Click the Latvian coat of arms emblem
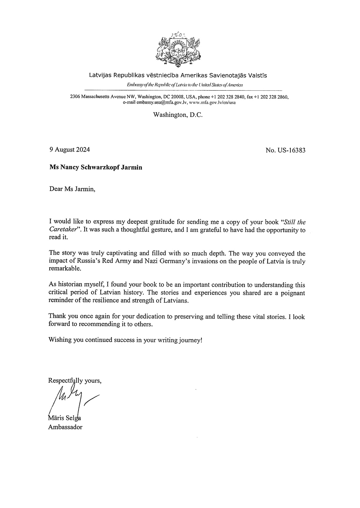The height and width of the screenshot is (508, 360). pyautogui.click(x=180, y=49)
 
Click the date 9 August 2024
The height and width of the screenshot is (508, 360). pyautogui.click(x=70, y=150)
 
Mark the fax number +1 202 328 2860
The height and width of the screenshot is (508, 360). pyautogui.click(x=273, y=97)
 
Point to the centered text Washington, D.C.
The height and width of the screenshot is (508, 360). pyautogui.click(x=178, y=115)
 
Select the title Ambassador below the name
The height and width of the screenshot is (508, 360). pyautogui.click(x=65, y=427)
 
